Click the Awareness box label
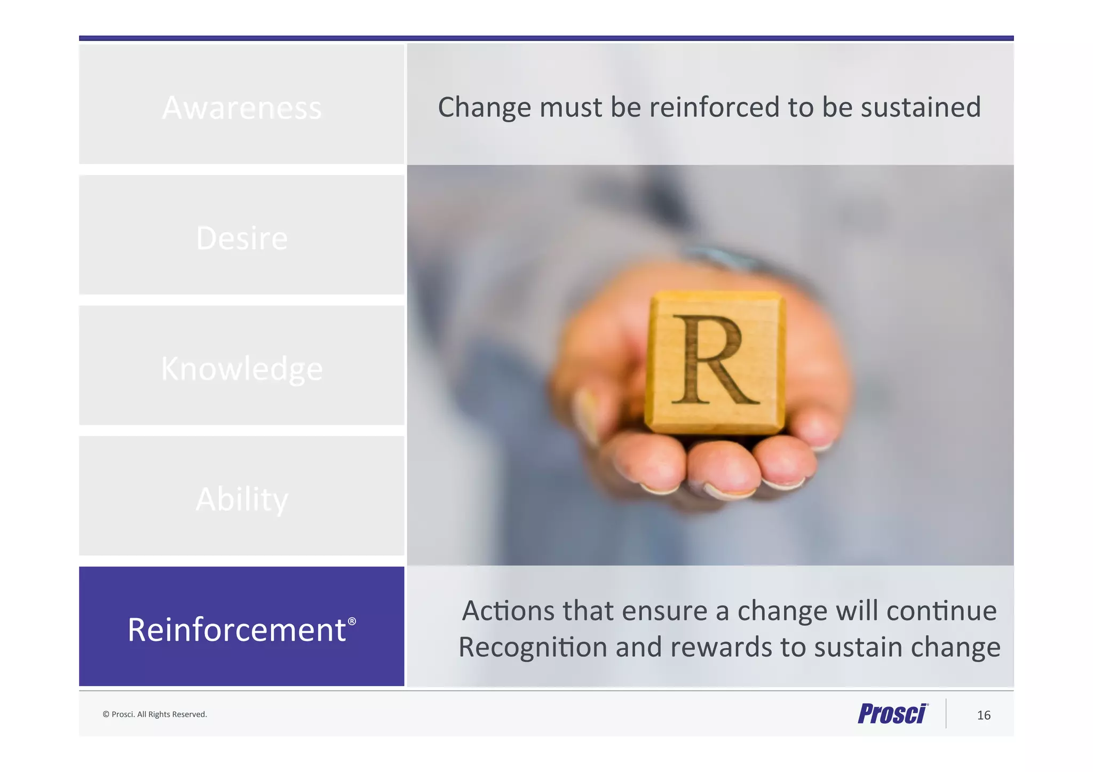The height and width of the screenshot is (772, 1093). [x=242, y=108]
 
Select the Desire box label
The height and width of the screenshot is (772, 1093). [x=242, y=238]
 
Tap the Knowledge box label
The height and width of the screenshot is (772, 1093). [x=242, y=369]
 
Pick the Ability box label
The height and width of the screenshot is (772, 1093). [x=242, y=499]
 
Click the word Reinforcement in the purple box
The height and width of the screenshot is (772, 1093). [x=236, y=630]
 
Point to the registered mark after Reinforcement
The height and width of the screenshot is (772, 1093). [x=352, y=622]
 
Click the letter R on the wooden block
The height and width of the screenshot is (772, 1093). [x=713, y=360]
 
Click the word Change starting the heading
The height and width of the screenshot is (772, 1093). [x=485, y=107]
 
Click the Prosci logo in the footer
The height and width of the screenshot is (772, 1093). [x=893, y=714]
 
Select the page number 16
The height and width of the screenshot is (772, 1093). [x=984, y=715]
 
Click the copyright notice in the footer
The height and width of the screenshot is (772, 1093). [x=155, y=714]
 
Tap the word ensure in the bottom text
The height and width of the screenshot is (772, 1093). [x=664, y=610]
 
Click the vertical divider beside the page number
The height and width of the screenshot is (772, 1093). [x=946, y=713]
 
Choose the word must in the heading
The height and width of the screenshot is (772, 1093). [x=571, y=107]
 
